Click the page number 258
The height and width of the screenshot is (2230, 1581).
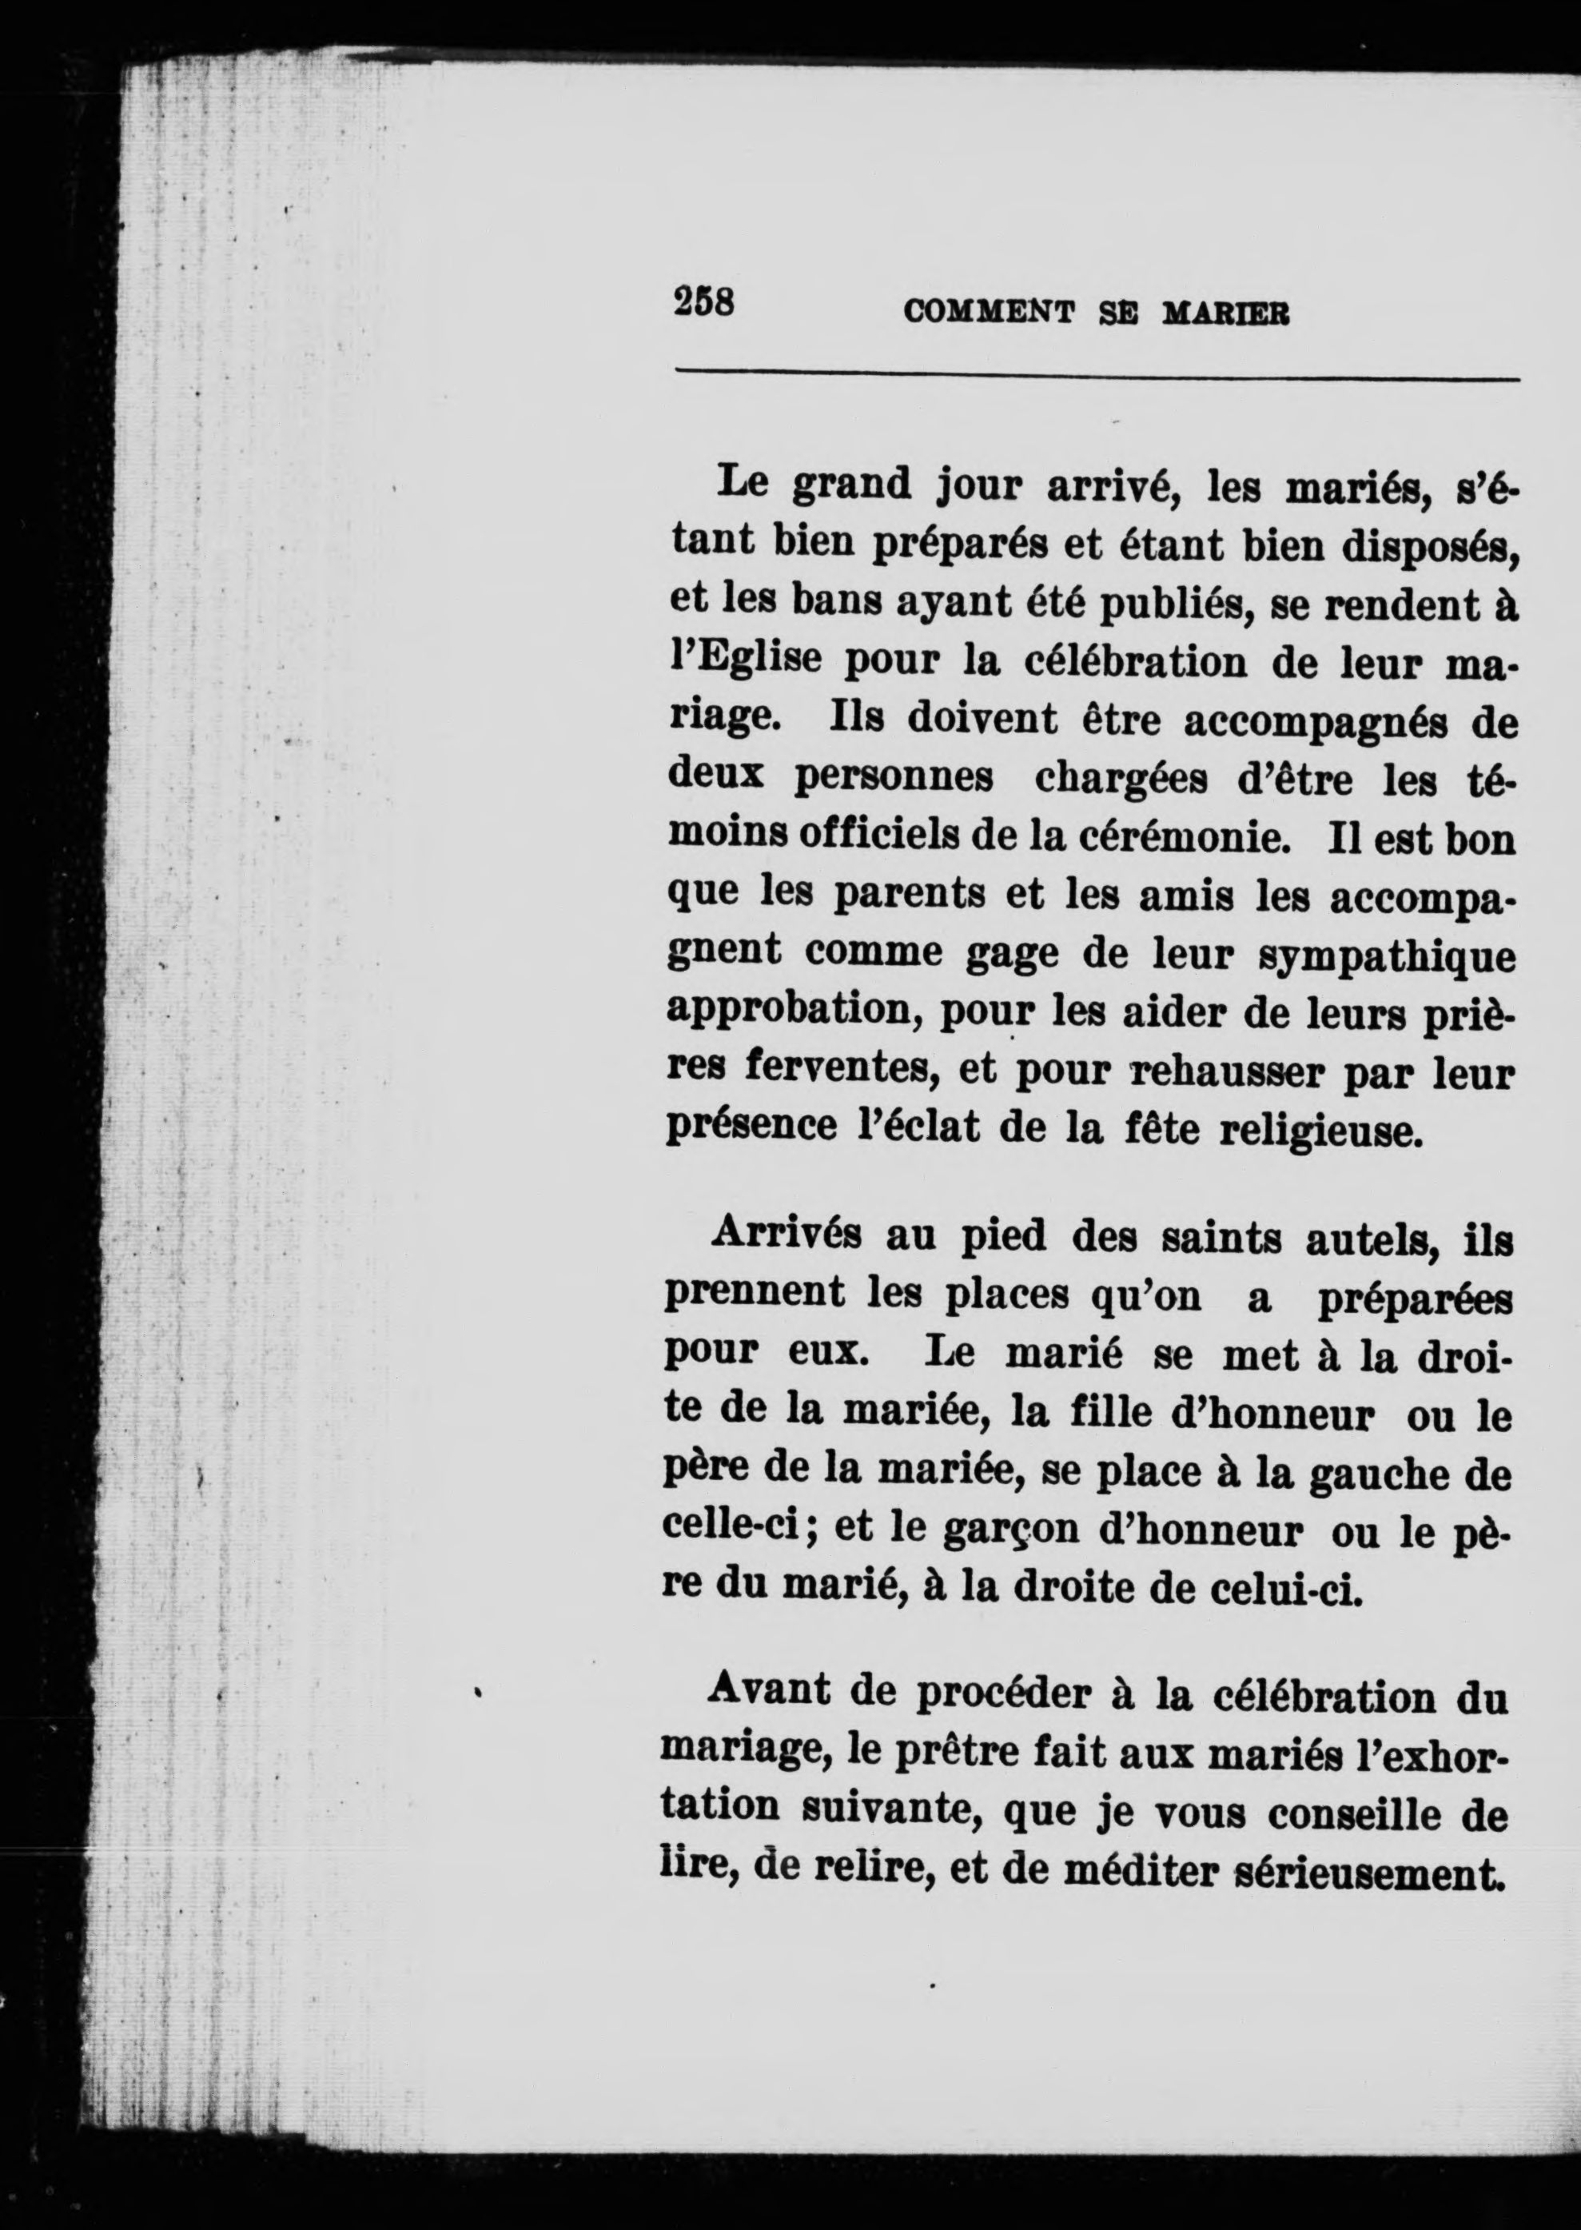703,303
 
